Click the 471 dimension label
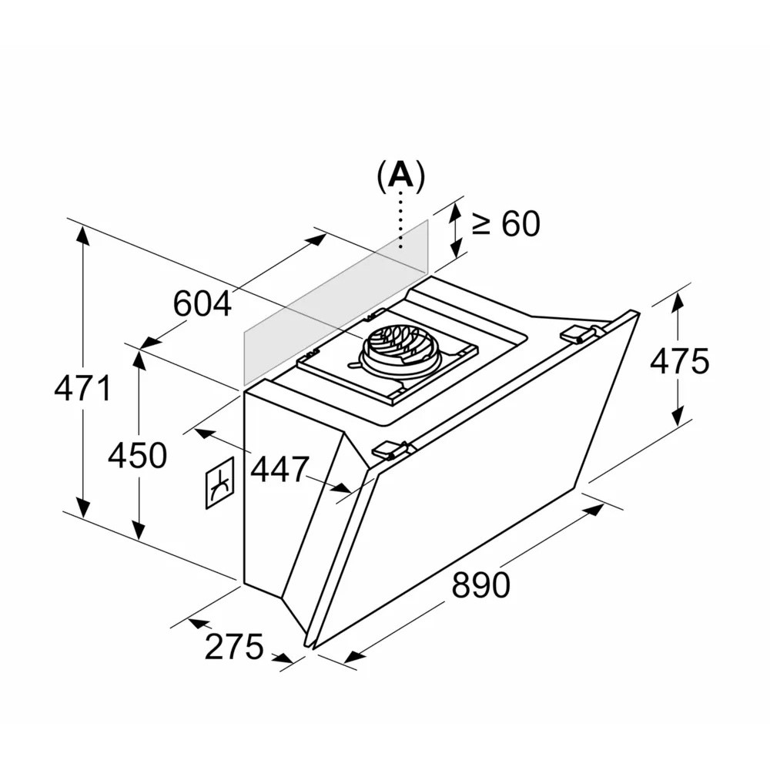[83, 387]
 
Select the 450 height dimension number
[138, 455]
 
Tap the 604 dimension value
[203, 303]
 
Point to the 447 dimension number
[280, 470]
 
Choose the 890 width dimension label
[480, 585]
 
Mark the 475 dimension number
[680, 361]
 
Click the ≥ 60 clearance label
[506, 224]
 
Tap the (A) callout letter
[400, 176]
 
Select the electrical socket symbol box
[219, 484]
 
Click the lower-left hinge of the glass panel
[391, 450]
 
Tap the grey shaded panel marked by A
[336, 302]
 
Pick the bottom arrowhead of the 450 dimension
[139, 531]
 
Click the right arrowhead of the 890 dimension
[594, 510]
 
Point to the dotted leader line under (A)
[400, 220]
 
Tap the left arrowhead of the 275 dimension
[197, 623]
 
